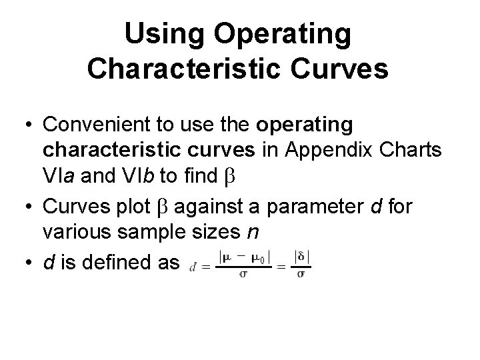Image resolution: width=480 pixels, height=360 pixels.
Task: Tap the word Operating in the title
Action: tap(287, 35)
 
